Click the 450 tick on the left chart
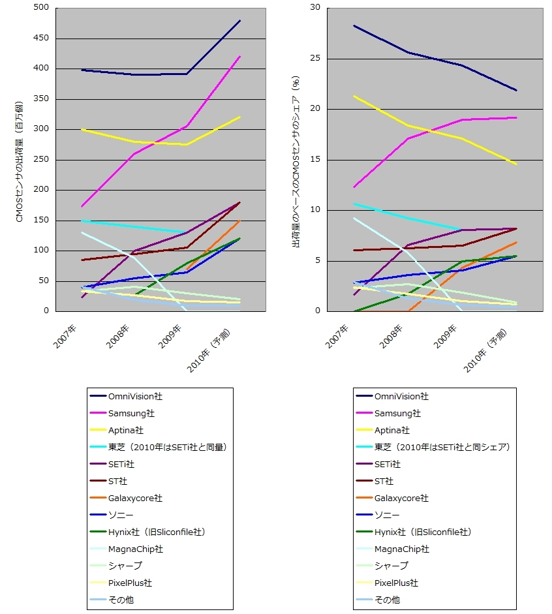pos(41,38)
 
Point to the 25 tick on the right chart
pos(315,58)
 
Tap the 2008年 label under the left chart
pos(118,336)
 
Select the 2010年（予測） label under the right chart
pos(485,350)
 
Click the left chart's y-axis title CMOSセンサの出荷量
pos(19,162)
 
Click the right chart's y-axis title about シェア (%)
pos(296,162)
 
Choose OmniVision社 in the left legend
pos(135,396)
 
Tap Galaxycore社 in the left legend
pos(135,498)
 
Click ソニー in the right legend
pos(387,515)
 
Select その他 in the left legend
pos(121,600)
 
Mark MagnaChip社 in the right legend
pos(402,549)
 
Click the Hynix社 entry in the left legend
pos(157,532)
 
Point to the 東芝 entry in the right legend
pos(442,447)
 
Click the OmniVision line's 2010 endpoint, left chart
pos(240,20)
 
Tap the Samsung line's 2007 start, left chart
pos(82,206)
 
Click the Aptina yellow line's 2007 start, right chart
pos(354,96)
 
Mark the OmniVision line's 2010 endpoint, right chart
pos(516,91)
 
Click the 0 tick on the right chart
pos(318,311)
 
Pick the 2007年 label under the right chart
pos(337,337)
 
